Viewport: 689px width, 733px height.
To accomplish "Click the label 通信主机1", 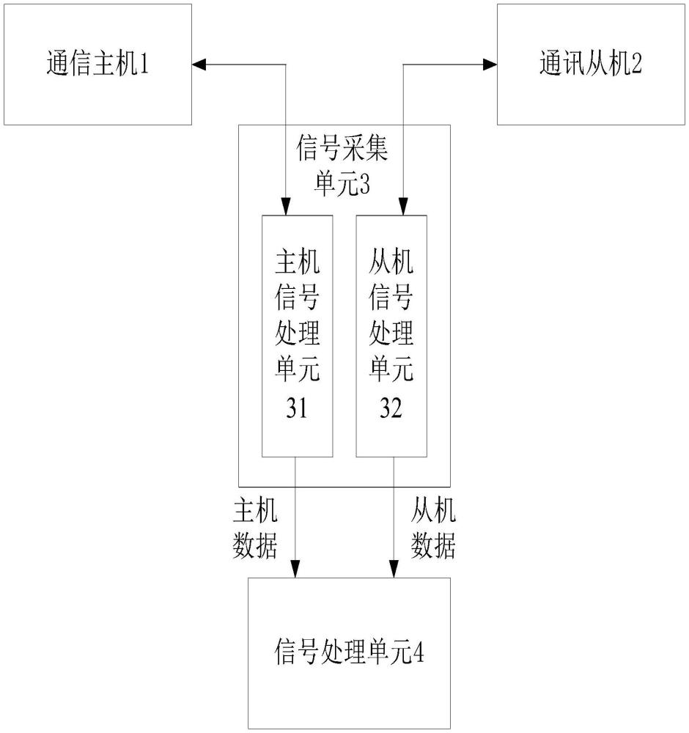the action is pyautogui.click(x=97, y=64).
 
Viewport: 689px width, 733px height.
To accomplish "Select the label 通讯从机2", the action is pyautogui.click(x=590, y=64).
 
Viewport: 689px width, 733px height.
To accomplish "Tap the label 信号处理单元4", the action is pyautogui.click(x=349, y=652).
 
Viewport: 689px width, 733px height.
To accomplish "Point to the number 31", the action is pyautogui.click(x=297, y=408).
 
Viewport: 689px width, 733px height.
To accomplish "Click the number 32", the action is pyautogui.click(x=391, y=408).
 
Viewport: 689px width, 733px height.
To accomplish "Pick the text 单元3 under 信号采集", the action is pyautogui.click(x=342, y=184).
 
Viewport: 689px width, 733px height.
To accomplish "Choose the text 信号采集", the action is pyautogui.click(x=342, y=148).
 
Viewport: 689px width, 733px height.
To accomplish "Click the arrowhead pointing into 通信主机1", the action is pyautogui.click(x=199, y=65).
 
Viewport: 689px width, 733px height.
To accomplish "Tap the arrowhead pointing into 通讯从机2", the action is pyautogui.click(x=490, y=65).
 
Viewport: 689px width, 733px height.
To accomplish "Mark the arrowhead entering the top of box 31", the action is pyautogui.click(x=286, y=208).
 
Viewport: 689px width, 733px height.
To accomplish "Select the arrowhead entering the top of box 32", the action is pyautogui.click(x=403, y=208).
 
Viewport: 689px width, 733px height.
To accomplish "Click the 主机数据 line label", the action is pyautogui.click(x=255, y=528).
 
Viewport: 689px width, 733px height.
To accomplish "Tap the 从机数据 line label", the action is pyautogui.click(x=433, y=528).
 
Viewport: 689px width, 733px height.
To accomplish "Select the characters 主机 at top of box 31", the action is pyautogui.click(x=298, y=262).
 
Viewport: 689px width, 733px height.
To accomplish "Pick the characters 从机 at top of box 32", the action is pyautogui.click(x=391, y=262).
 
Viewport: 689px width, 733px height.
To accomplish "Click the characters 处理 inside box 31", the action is pyautogui.click(x=298, y=333).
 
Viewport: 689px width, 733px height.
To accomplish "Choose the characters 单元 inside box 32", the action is pyautogui.click(x=391, y=369).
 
